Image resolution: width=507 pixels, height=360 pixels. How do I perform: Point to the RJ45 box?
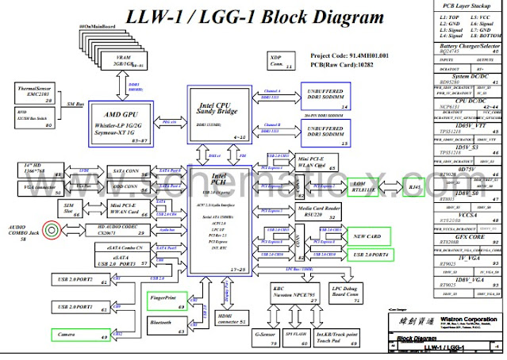point(413,188)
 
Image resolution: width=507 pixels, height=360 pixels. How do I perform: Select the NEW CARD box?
point(371,236)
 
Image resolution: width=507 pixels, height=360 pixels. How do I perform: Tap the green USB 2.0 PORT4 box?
point(371,255)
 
